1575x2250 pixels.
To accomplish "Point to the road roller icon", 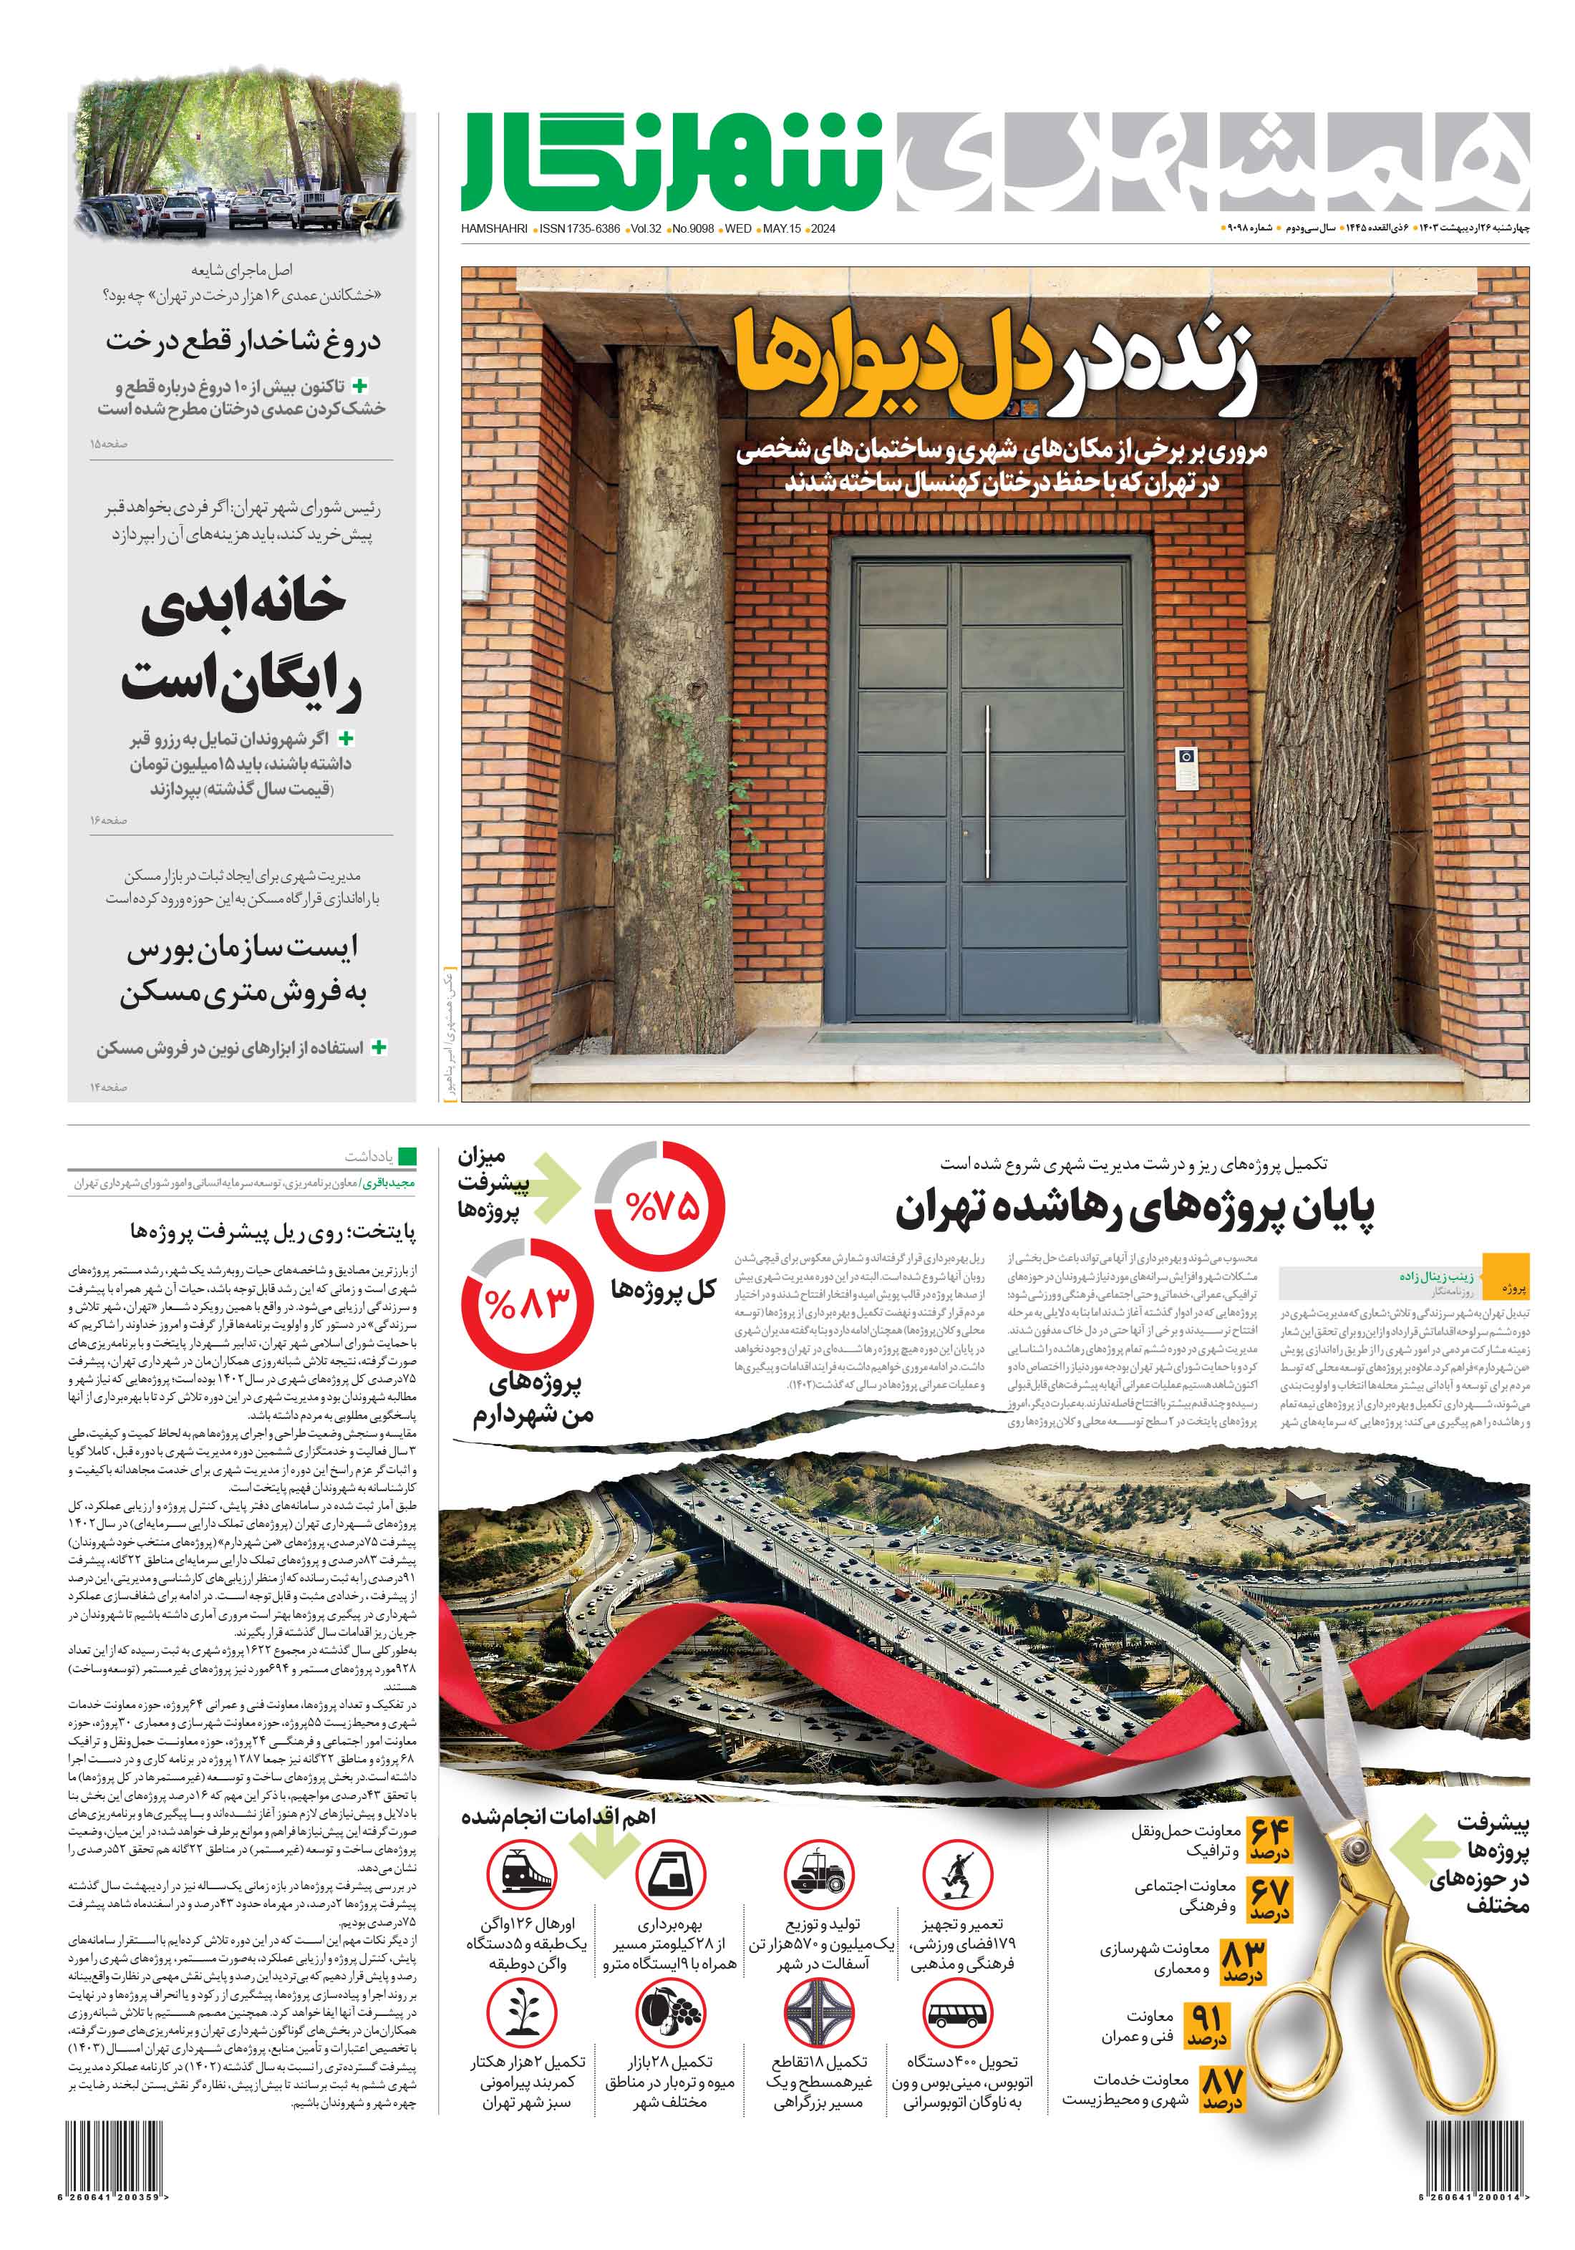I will point(819,1873).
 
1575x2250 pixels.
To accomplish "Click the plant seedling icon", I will point(523,2013).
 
